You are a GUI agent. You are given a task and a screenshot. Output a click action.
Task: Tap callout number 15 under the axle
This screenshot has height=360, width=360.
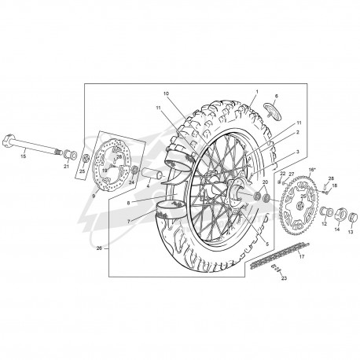pyautogui.click(x=24, y=156)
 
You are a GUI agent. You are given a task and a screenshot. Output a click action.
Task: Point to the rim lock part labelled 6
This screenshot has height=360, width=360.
pyautogui.click(x=274, y=111)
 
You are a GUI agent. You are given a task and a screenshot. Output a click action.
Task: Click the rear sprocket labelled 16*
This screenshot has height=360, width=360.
pyautogui.click(x=299, y=205)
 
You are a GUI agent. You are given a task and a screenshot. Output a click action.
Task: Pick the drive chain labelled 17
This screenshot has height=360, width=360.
pyautogui.click(x=279, y=255)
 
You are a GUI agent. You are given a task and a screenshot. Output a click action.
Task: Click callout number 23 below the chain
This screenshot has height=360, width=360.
pyautogui.click(x=284, y=278)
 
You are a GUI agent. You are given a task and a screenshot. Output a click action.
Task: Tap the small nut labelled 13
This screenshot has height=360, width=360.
pyautogui.click(x=353, y=217)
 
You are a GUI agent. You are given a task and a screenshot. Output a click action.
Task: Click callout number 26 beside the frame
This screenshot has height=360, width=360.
pyautogui.click(x=99, y=248)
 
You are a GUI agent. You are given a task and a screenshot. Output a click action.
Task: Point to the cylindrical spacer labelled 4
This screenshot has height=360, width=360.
pyautogui.click(x=152, y=174)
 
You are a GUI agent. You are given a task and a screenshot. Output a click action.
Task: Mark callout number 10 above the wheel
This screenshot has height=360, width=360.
pyautogui.click(x=167, y=94)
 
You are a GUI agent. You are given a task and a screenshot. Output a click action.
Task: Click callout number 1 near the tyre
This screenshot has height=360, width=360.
pyautogui.click(x=257, y=92)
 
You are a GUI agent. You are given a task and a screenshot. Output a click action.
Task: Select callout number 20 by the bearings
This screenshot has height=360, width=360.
pyautogui.click(x=265, y=182)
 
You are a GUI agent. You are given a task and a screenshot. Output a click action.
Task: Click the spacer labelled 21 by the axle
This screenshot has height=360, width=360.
pyautogui.click(x=70, y=154)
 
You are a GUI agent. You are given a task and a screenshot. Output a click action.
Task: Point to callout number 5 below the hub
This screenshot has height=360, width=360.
pyautogui.click(x=267, y=244)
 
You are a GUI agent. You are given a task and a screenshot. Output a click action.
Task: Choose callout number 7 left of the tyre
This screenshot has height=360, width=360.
pyautogui.click(x=129, y=222)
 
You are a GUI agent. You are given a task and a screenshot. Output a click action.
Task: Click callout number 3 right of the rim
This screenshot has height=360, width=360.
pyautogui.click(x=298, y=152)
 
